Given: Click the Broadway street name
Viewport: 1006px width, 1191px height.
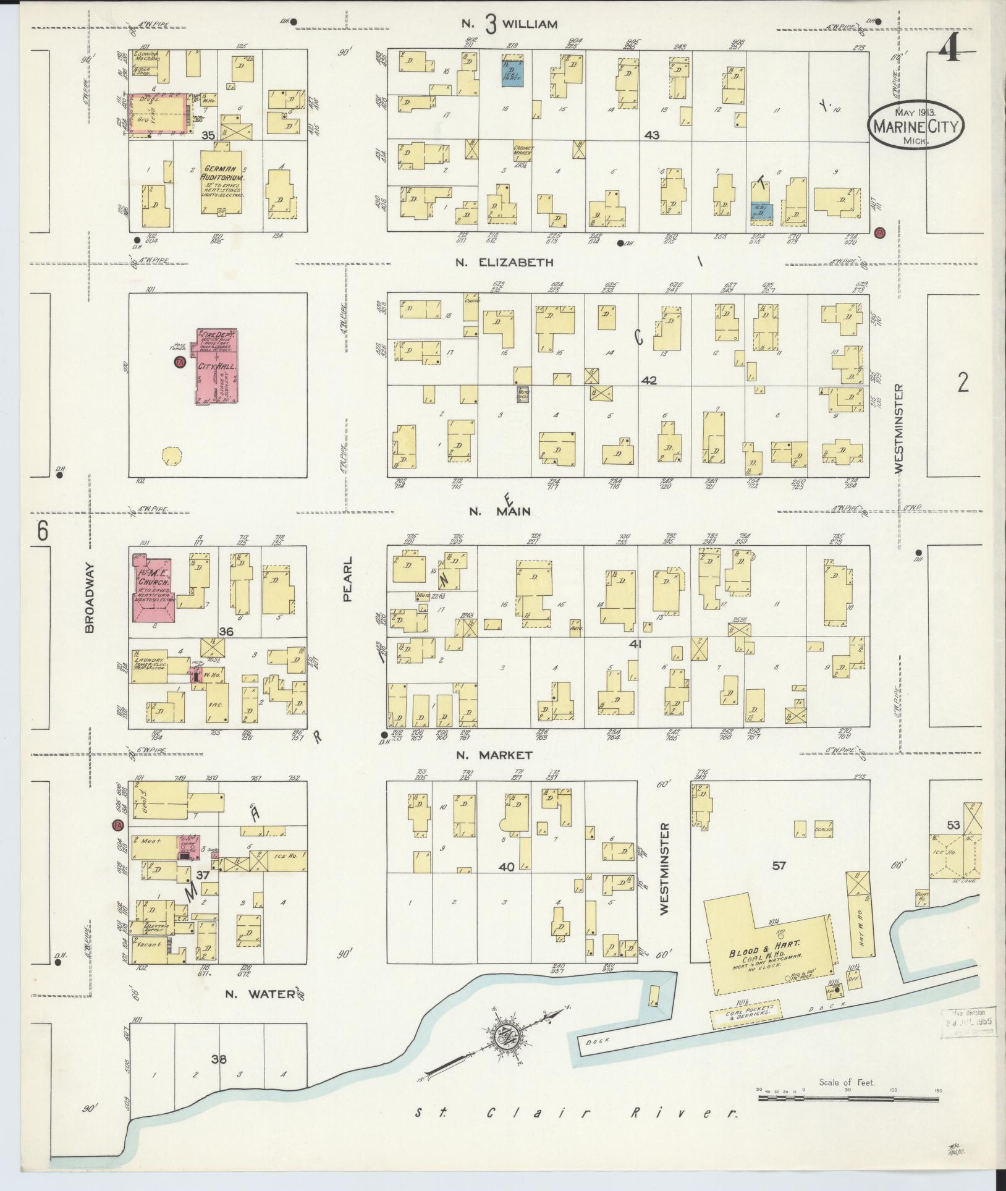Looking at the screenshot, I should point(89,597).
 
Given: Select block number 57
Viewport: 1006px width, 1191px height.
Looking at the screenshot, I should point(779,865).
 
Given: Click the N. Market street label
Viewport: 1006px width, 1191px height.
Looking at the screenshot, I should point(501,755).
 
